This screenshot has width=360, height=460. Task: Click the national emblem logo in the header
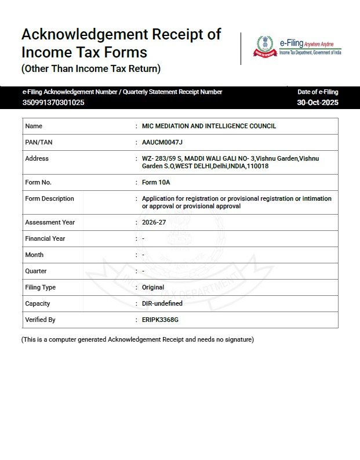(266, 46)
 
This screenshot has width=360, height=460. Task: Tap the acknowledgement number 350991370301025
(53, 103)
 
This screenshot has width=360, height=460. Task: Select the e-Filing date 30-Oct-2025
(318, 103)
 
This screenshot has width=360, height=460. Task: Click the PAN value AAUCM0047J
(158, 142)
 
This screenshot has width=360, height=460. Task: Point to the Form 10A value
(156, 182)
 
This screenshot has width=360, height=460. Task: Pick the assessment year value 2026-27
(154, 222)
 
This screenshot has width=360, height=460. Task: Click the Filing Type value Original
(154, 287)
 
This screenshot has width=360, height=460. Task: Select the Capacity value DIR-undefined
(162, 303)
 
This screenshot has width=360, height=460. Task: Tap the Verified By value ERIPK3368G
(161, 320)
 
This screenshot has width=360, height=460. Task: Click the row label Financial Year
(45, 238)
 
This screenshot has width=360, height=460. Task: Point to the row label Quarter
(36, 271)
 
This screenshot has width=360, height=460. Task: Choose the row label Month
(34, 255)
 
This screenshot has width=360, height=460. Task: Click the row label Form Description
(49, 198)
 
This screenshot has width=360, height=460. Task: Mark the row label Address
(37, 158)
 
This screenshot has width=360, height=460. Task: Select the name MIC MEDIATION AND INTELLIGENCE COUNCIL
(209, 126)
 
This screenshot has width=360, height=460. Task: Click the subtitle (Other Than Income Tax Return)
(90, 69)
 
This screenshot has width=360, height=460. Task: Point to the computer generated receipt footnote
(137, 339)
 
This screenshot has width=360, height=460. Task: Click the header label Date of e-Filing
(318, 92)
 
